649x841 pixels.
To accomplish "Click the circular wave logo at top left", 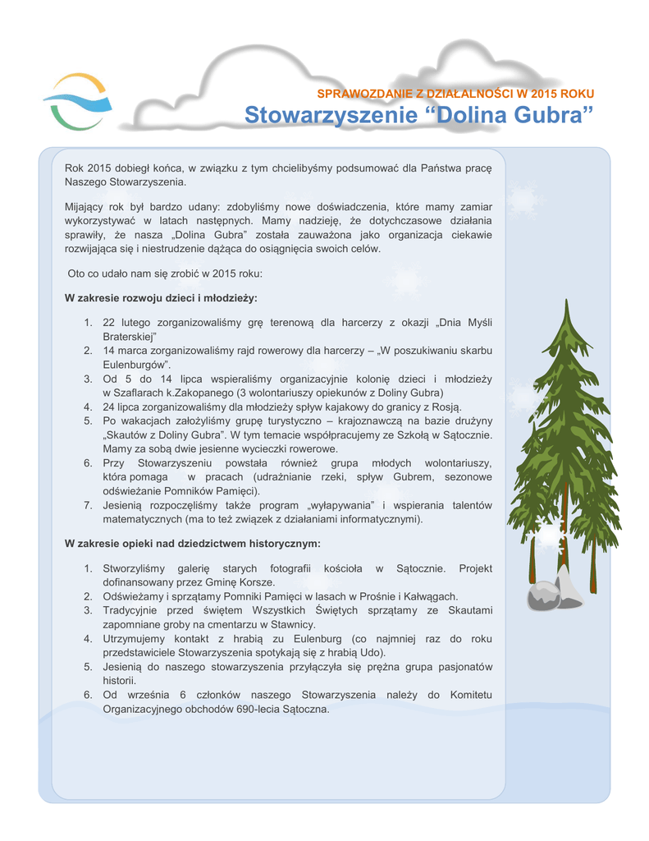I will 75,102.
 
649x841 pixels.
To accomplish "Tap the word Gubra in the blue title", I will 548,115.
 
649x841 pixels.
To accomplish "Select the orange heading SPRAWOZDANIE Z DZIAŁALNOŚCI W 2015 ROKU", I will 455,94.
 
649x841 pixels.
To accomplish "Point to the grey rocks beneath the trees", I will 553,591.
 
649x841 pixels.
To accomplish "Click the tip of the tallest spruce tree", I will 565,303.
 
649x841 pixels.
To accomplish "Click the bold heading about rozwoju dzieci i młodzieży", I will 161,297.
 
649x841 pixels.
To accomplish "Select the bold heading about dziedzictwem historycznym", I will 192,544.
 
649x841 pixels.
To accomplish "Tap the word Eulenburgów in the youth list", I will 135,364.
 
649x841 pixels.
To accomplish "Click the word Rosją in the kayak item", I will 446,407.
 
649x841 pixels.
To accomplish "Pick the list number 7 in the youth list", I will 87,506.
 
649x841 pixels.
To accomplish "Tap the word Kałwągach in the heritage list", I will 429,596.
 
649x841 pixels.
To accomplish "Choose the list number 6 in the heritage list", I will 87,695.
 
